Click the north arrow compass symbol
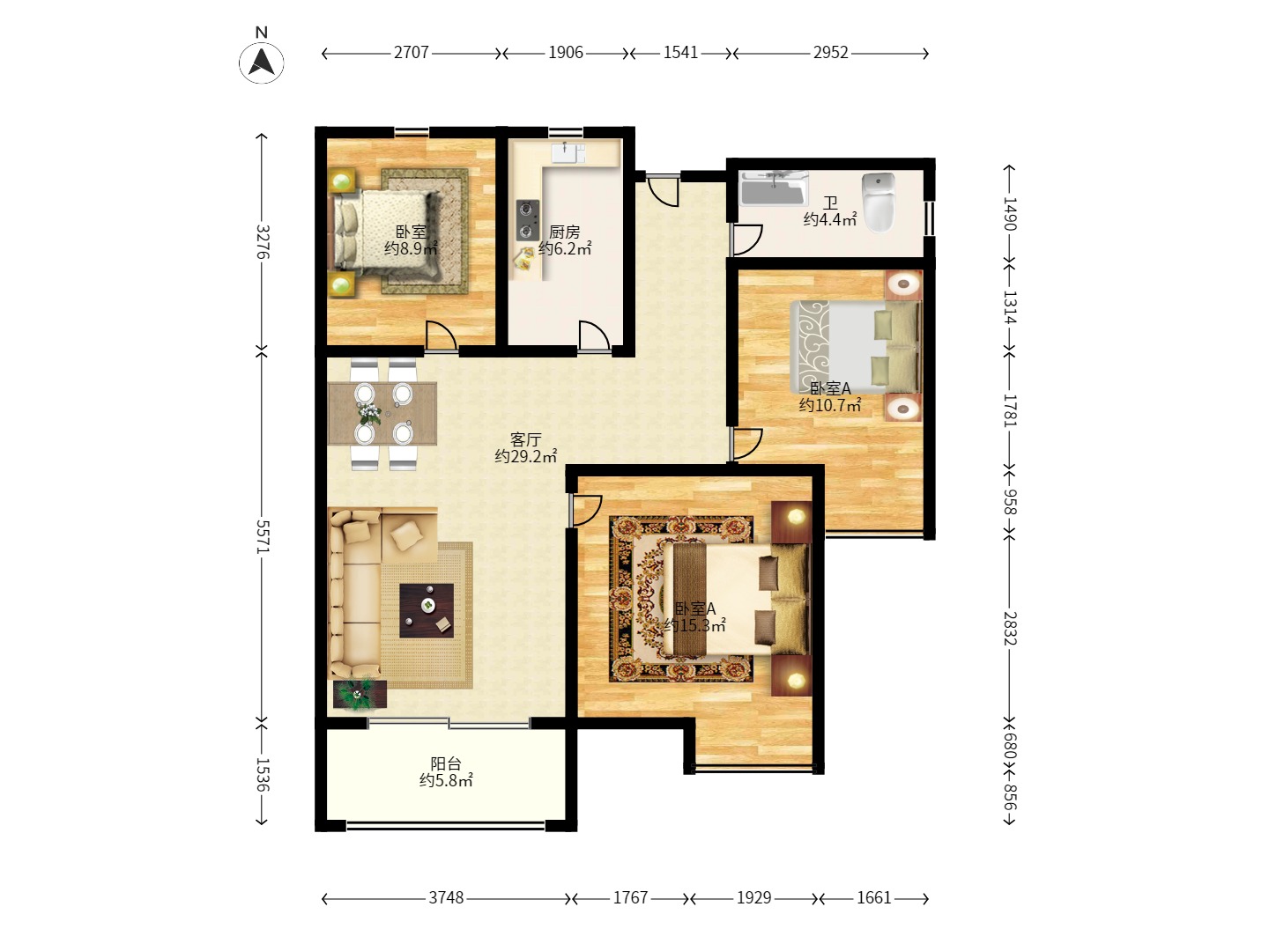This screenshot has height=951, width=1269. (262, 62)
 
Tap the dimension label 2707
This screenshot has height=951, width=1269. (411, 53)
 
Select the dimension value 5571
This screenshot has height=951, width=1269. (263, 536)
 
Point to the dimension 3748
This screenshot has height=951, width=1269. (446, 897)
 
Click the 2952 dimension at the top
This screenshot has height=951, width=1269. (830, 53)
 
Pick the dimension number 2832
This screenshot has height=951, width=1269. (1009, 628)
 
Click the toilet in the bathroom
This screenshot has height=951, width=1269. (879, 203)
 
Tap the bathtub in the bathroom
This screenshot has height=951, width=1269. (774, 188)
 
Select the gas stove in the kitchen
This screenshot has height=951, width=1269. (527, 220)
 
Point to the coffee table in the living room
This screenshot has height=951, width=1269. (426, 610)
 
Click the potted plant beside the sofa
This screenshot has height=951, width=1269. (360, 694)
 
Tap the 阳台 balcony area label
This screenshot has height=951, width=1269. (446, 763)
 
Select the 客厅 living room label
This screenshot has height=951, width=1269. (525, 439)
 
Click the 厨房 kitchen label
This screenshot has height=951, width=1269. (564, 232)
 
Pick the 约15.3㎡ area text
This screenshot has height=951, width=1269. (694, 625)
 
